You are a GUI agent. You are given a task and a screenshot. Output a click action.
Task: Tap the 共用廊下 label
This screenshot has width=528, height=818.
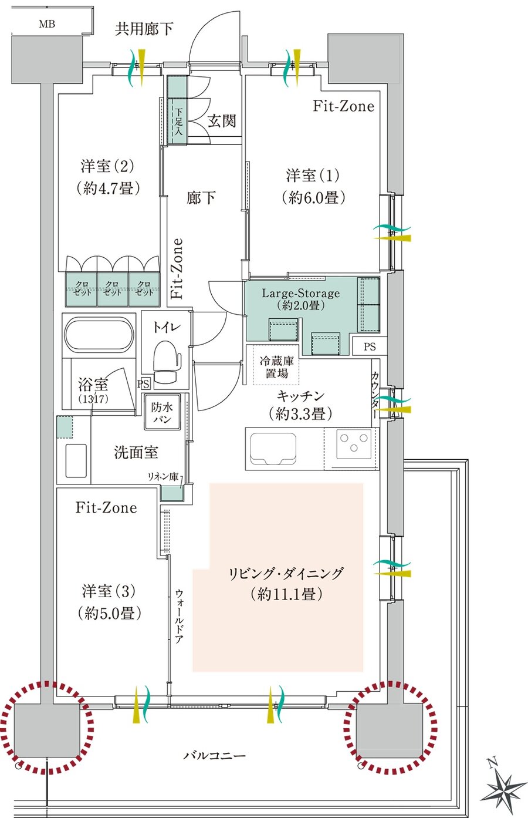144,29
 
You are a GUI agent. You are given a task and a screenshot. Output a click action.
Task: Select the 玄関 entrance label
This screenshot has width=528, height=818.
222,121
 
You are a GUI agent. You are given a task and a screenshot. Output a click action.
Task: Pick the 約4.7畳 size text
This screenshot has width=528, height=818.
107,189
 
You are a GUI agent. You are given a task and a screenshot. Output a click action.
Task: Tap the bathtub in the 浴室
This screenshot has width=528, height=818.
99,335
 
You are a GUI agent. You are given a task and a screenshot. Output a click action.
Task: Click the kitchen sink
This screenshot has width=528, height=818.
273,449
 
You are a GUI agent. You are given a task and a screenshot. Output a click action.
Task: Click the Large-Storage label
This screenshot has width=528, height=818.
301,293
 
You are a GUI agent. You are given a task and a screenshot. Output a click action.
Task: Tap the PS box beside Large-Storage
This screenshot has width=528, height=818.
370,346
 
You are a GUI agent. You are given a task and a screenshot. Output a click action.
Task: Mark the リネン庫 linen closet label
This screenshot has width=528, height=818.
163,476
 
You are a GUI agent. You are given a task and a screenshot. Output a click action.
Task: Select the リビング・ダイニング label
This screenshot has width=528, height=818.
286,573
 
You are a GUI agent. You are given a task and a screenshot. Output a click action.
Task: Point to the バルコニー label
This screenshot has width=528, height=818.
214,756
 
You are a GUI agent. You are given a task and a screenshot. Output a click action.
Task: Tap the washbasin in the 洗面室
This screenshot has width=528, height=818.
76,460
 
